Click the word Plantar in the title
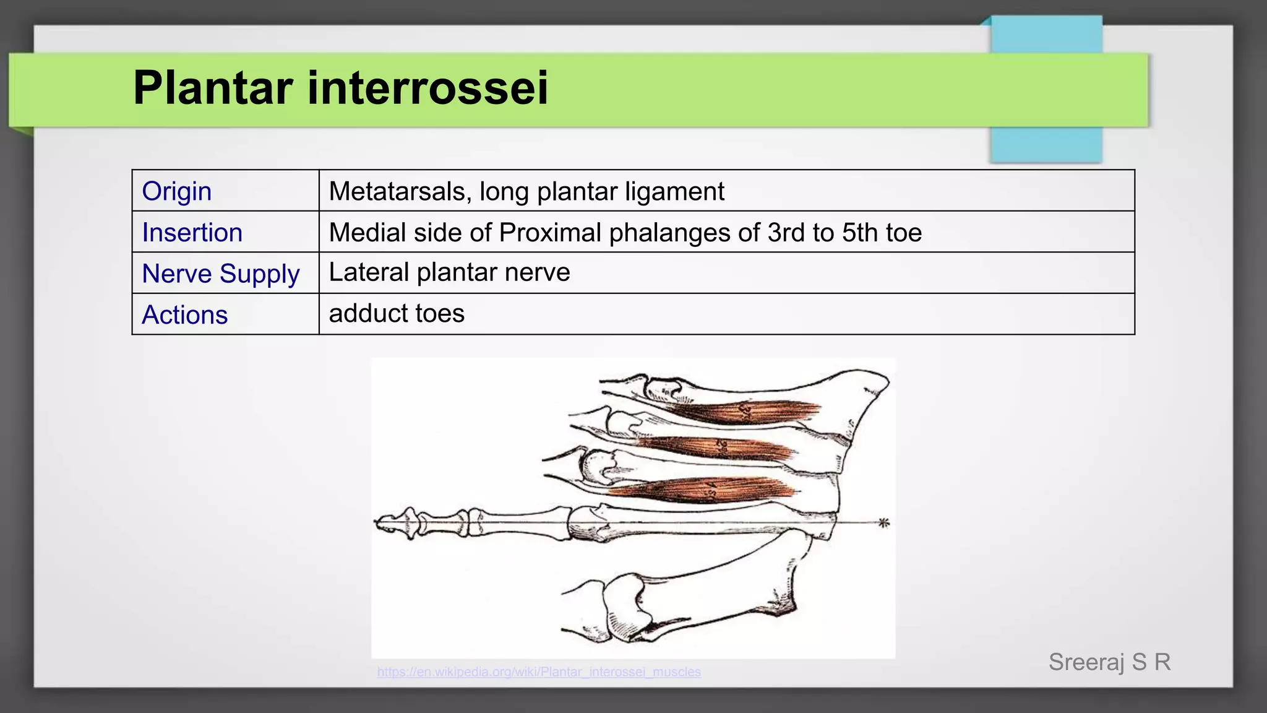click(213, 88)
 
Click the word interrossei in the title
click(427, 88)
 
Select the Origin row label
click(177, 191)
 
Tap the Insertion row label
click(192, 233)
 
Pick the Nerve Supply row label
click(221, 274)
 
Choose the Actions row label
click(185, 315)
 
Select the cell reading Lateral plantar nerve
click(449, 272)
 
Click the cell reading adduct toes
click(397, 313)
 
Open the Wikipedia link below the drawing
click(539, 672)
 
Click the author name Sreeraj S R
click(1109, 662)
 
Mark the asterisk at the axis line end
click(884, 523)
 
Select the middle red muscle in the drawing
click(718, 447)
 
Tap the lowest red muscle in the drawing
click(705, 490)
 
